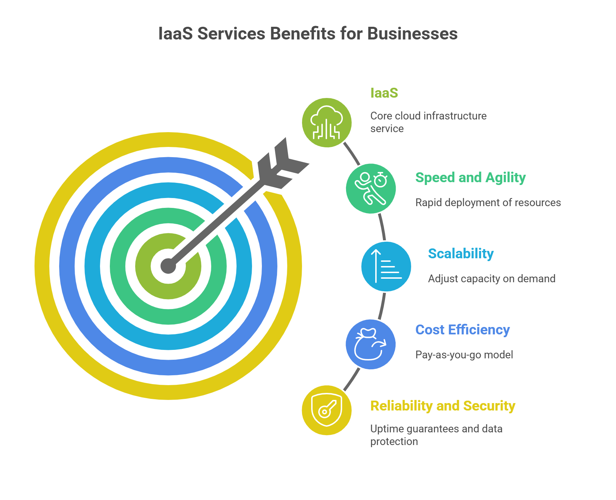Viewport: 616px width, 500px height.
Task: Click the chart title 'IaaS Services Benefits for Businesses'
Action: [308, 34]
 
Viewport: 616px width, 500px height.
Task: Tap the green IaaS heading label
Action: [384, 93]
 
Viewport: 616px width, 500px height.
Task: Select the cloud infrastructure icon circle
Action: [327, 123]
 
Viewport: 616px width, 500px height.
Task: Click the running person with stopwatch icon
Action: [371, 189]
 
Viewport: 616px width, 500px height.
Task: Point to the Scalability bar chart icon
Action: [386, 266]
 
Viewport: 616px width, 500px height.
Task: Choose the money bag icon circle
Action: [371, 344]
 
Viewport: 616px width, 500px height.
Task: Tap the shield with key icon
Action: [327, 410]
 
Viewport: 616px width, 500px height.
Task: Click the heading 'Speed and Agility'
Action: [470, 178]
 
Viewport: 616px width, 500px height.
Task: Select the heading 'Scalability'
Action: [461, 254]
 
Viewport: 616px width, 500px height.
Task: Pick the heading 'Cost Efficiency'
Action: [463, 330]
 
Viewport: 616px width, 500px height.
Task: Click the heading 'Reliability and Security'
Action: [443, 406]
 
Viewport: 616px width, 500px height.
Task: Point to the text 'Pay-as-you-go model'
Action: [464, 354]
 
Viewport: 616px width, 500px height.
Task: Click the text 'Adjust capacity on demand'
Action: [491, 279]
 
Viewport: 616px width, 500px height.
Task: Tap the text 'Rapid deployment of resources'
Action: [488, 203]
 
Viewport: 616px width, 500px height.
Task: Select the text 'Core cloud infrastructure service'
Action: [428, 122]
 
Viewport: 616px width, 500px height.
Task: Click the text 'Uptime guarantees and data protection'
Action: [436, 435]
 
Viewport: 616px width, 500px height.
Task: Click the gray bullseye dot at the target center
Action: [168, 266]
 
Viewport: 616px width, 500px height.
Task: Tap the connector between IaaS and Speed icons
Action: [352, 153]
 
